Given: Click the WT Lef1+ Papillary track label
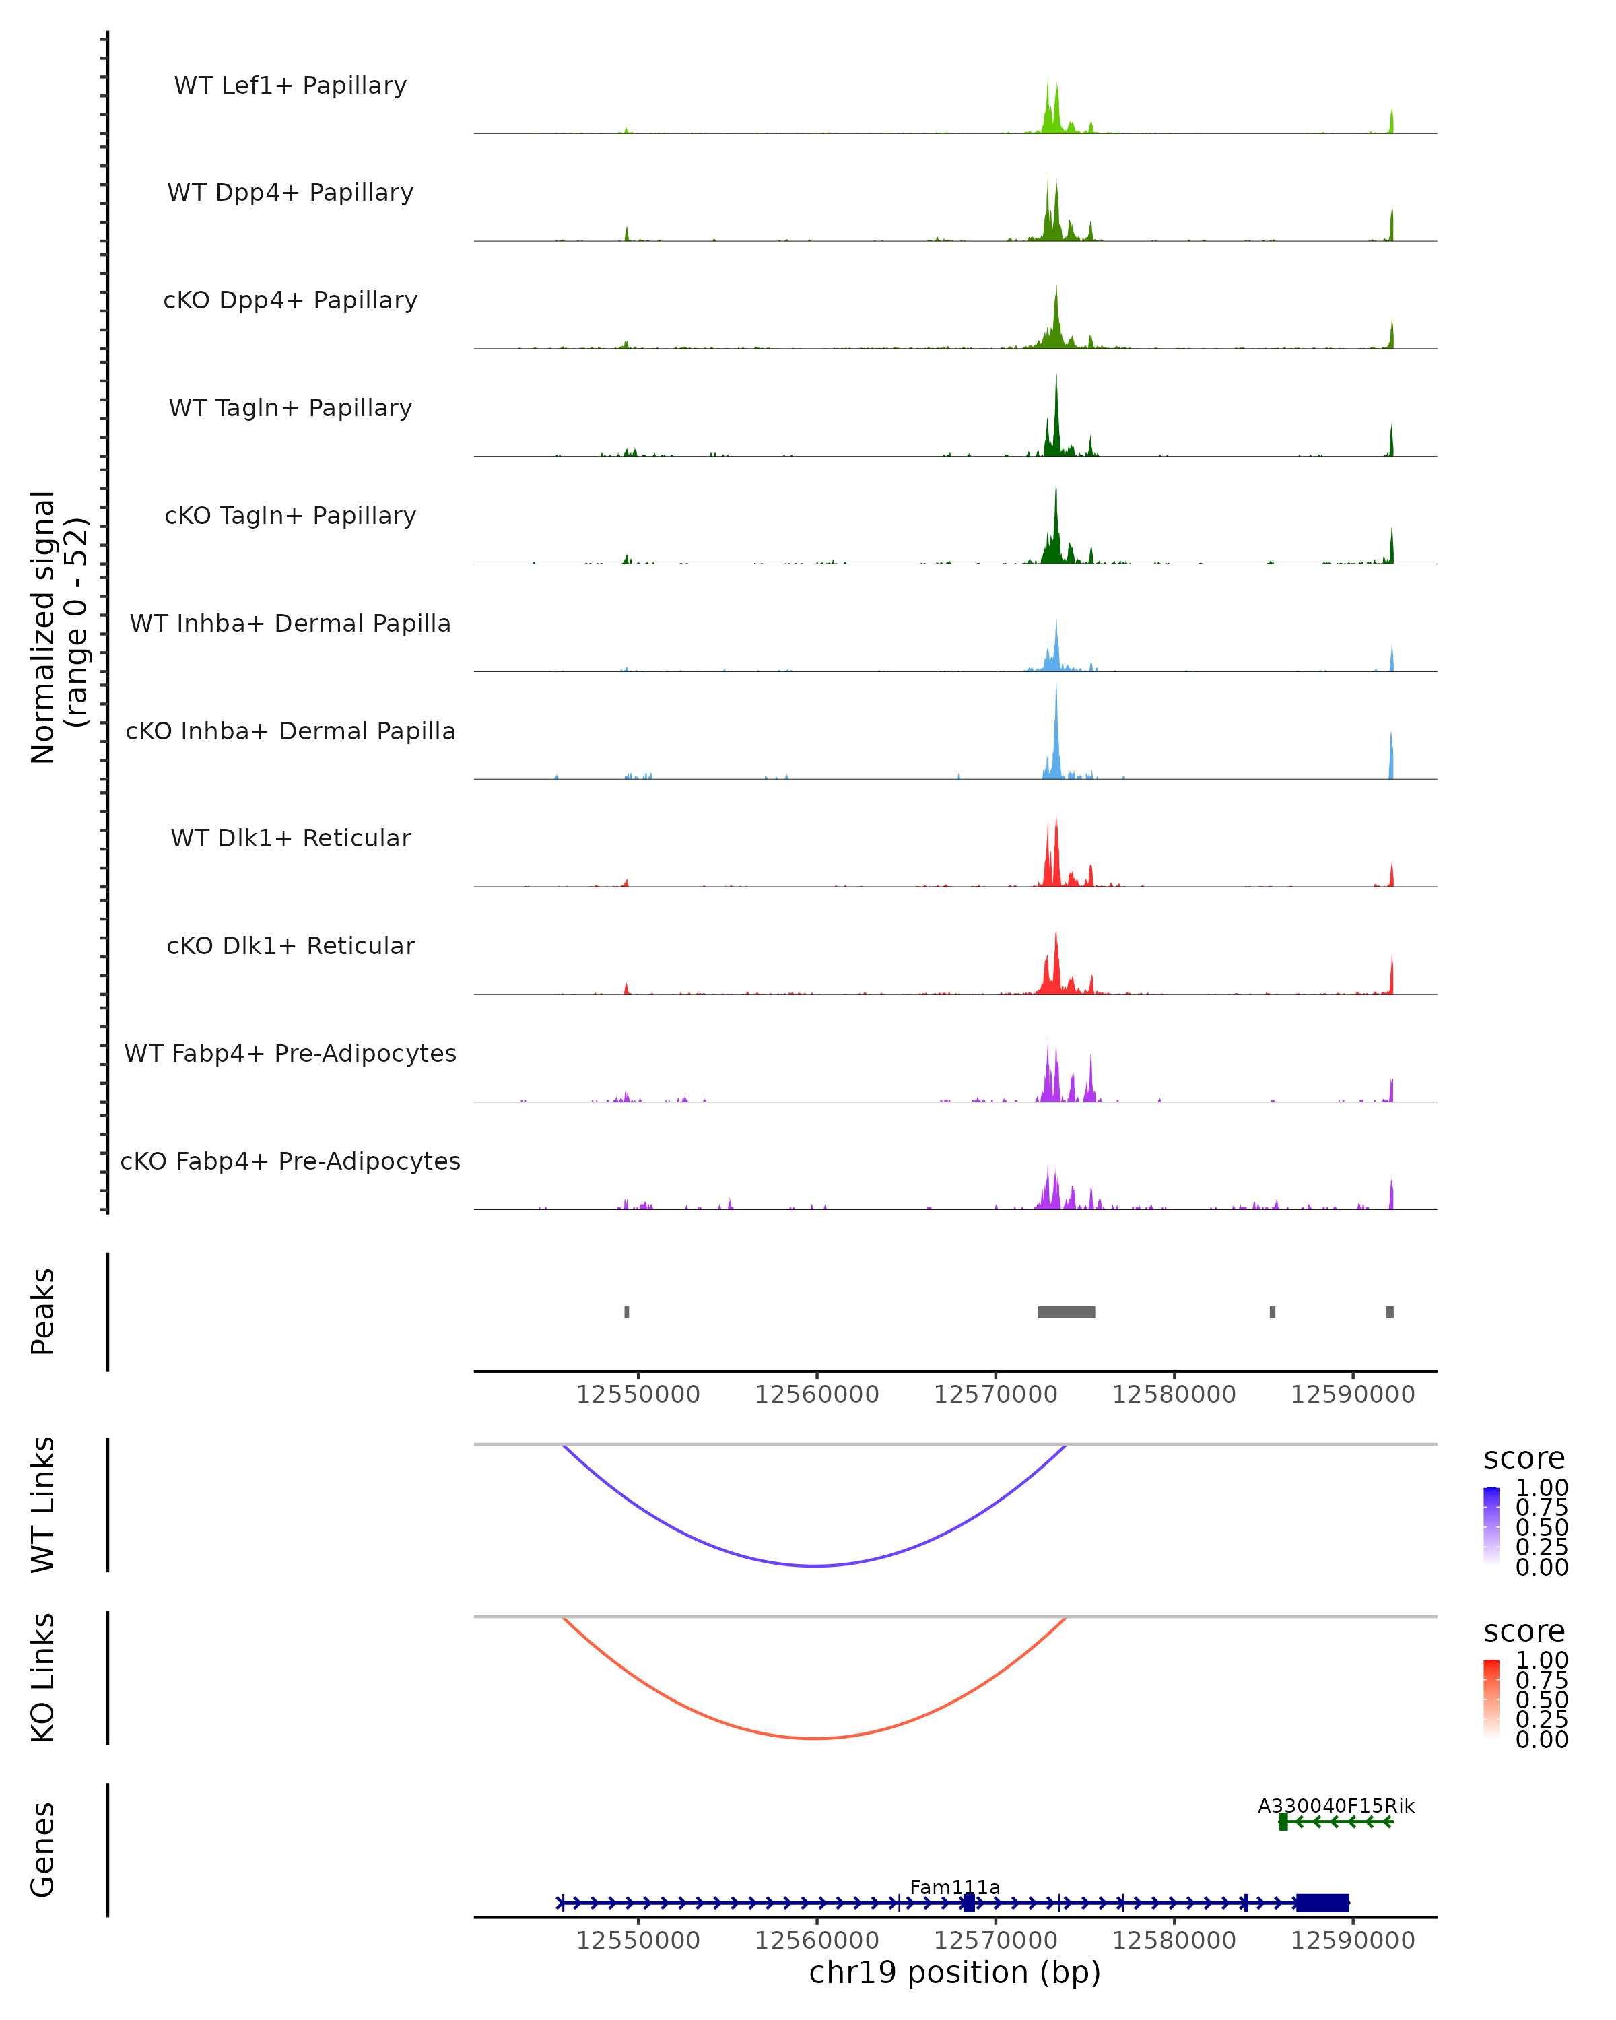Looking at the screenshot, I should pos(290,86).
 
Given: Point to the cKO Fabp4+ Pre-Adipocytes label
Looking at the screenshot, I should pos(290,1161).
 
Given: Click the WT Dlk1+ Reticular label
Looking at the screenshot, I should pos(290,838).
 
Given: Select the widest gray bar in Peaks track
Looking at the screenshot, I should pos(1066,1312).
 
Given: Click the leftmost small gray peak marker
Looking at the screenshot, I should pos(627,1312).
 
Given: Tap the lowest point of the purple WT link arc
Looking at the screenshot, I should pos(816,1565).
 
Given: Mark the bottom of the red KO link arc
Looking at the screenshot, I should pos(816,1738).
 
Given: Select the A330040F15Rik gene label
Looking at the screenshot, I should pos(1336,1805).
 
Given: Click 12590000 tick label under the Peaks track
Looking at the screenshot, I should pos(1352,1394).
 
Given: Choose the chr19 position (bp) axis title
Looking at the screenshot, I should pos(955,1972).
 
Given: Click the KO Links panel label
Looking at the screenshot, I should pos(43,1677).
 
